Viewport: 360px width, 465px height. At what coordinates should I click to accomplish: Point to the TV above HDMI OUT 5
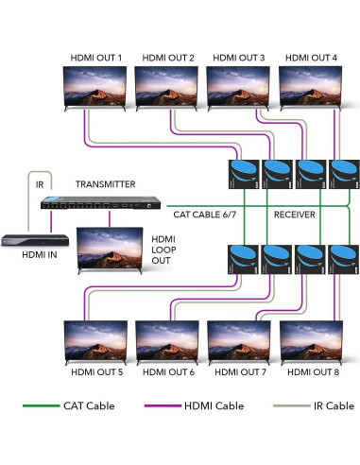(94, 342)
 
